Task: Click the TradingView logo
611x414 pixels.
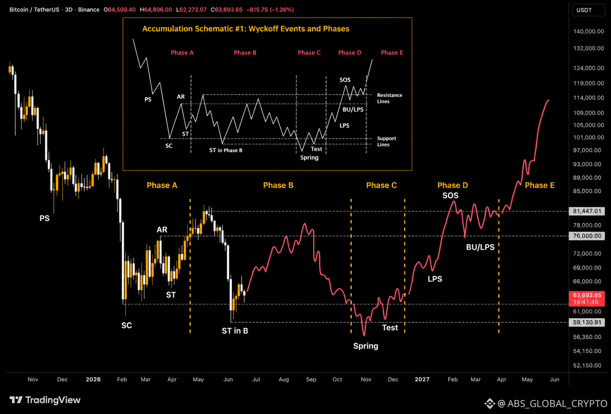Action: (x=45, y=400)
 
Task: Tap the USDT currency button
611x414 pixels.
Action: (x=589, y=10)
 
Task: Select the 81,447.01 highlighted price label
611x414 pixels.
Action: (x=587, y=211)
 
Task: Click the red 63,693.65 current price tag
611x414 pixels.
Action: (x=587, y=298)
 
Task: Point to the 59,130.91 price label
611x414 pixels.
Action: (x=587, y=322)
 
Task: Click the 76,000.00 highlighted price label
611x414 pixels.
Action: (x=587, y=236)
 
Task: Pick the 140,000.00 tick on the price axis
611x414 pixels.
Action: (x=589, y=31)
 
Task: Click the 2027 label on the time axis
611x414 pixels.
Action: (x=422, y=379)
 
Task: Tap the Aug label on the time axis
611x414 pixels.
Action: (x=284, y=379)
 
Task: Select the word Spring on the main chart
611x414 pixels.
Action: (x=366, y=346)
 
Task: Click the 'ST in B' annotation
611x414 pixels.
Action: (x=235, y=331)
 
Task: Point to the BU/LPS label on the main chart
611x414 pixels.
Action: (x=480, y=247)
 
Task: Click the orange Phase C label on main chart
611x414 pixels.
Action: (x=381, y=185)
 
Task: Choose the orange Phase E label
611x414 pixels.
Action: (x=540, y=185)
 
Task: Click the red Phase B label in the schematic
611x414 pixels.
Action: (x=245, y=53)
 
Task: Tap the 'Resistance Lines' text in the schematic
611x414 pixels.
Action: (x=390, y=98)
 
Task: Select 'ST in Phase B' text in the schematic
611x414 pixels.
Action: (x=226, y=150)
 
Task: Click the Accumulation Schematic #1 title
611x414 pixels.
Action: (x=245, y=28)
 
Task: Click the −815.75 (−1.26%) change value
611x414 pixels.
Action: (x=270, y=10)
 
